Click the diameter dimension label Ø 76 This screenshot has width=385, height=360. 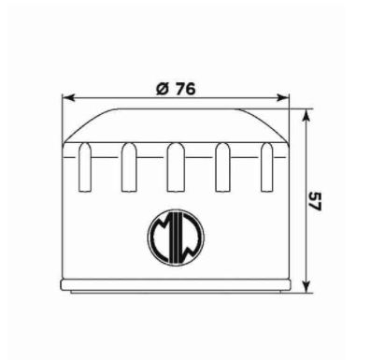(x=176, y=89)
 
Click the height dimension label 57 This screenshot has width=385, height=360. (x=315, y=202)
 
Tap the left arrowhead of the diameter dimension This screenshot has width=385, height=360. (x=68, y=98)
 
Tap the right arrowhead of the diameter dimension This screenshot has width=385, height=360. (x=283, y=98)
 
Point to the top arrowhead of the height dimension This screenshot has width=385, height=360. (x=307, y=115)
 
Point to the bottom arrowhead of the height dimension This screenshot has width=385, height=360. (x=307, y=286)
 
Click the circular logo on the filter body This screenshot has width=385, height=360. (x=176, y=238)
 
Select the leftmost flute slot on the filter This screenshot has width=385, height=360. (x=85, y=167)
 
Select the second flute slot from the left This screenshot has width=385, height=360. (x=129, y=167)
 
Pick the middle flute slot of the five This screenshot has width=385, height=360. (x=176, y=167)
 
